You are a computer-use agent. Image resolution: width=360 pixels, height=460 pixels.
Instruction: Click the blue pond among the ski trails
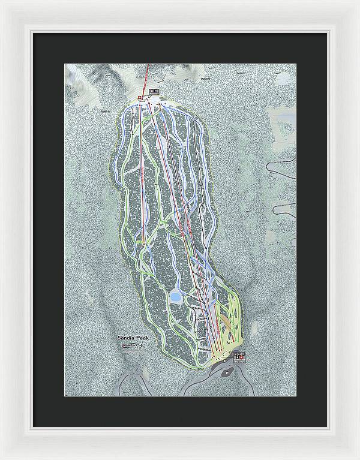176,296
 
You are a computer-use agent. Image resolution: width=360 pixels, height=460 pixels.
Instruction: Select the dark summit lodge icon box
154,92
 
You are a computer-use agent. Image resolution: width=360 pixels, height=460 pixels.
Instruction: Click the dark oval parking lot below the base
227,372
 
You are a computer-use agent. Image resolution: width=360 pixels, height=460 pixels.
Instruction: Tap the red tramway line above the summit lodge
148,75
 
